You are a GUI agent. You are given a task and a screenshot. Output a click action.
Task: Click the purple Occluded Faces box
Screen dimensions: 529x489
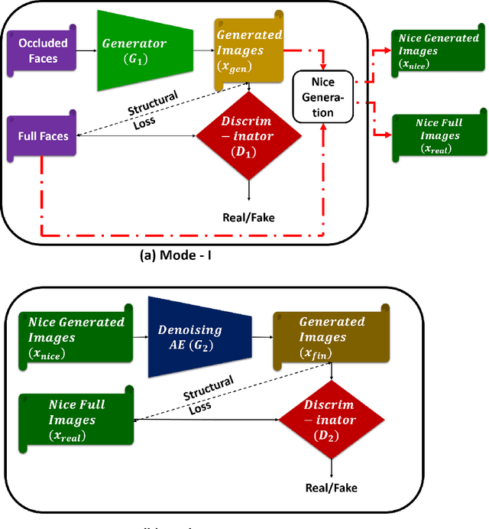pos(44,51)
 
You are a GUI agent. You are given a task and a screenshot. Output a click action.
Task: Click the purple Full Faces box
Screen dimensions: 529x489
pos(43,137)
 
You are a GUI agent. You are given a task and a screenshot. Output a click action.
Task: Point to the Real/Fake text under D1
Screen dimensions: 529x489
pos(248,217)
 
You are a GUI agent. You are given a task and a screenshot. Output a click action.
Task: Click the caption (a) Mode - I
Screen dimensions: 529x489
pos(175,255)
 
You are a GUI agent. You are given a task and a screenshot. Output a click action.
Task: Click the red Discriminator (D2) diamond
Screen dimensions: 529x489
pos(330,420)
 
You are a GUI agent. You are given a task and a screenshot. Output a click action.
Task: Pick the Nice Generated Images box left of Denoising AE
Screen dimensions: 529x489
pos(73,336)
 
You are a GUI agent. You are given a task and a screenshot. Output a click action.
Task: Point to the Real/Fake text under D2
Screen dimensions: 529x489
pos(332,487)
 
